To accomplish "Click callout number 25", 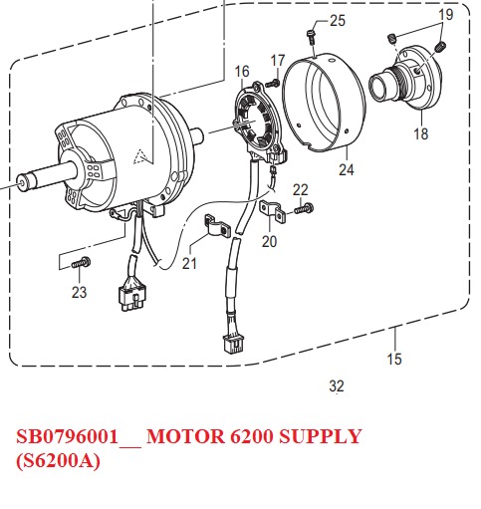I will (337, 21).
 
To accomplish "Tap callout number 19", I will (445, 15).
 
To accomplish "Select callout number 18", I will (420, 134).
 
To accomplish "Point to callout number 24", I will (346, 170).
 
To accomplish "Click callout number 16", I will (242, 72).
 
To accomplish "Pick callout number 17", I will (278, 61).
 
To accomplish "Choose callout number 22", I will (301, 189).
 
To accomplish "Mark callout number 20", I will (270, 241).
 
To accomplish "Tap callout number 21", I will (190, 263).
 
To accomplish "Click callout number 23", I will (79, 292).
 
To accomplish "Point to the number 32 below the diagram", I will (336, 384).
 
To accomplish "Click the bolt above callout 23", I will (81, 261).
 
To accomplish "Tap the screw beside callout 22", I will (305, 207).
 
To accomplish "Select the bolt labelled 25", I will (313, 38).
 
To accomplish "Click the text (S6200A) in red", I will (58, 462).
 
